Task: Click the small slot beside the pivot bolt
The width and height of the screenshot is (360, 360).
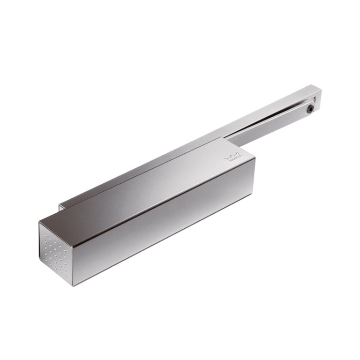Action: [315, 99]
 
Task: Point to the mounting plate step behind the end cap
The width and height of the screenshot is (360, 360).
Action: [60, 207]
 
